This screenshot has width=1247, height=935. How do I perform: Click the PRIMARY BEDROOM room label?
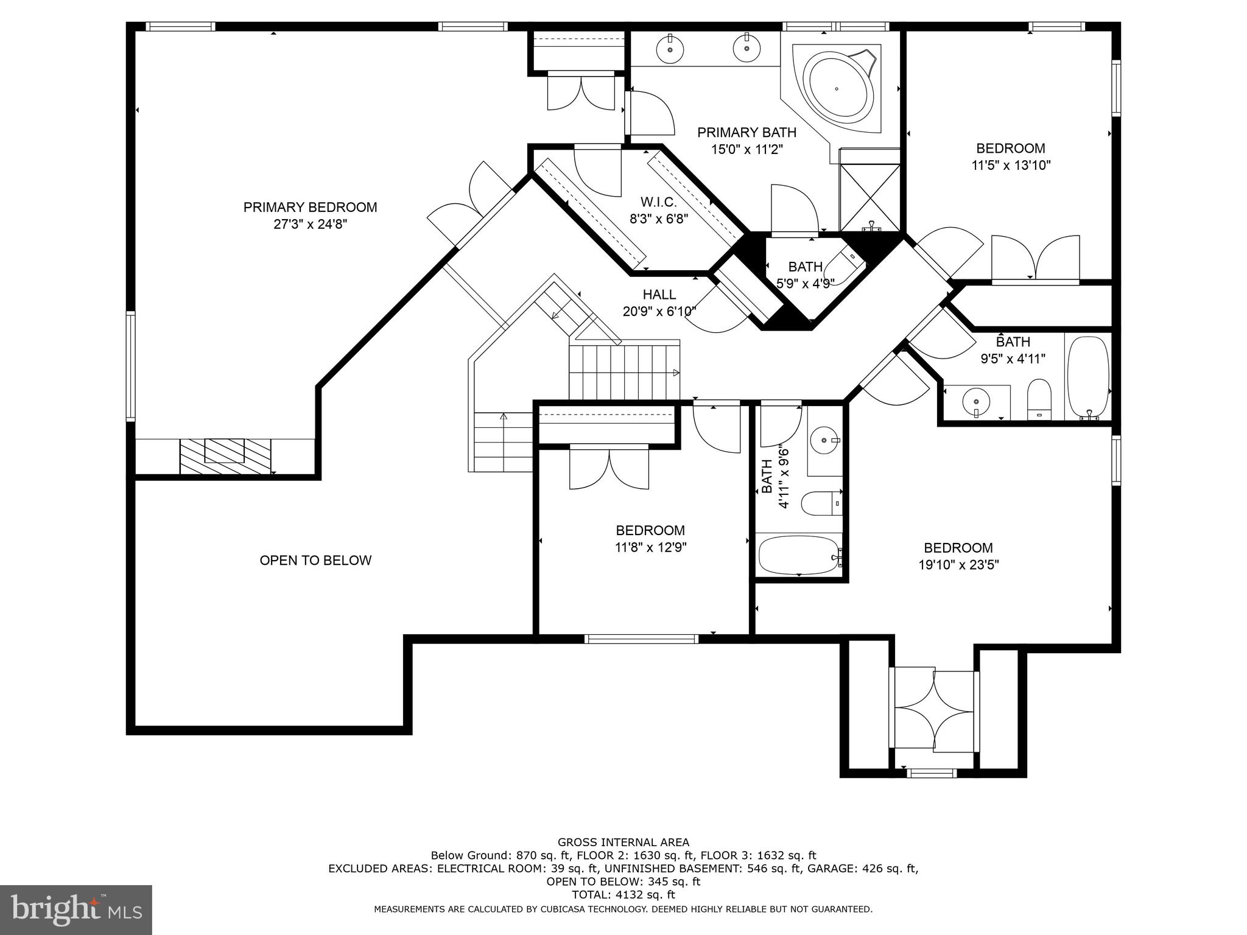click(x=310, y=207)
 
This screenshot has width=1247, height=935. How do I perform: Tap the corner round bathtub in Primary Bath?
click(x=837, y=89)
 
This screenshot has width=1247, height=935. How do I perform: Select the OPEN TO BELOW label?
click(x=315, y=561)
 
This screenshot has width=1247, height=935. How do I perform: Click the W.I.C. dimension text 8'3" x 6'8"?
click(x=658, y=219)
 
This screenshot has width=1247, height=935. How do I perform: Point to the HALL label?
click(x=659, y=295)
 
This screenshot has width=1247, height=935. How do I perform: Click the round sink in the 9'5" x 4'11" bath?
click(x=976, y=402)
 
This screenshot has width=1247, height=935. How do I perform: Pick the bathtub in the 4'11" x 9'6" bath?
click(x=799, y=555)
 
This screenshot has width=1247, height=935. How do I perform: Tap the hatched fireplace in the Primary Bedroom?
click(x=225, y=455)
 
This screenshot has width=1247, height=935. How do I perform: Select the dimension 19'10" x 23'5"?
click(x=958, y=565)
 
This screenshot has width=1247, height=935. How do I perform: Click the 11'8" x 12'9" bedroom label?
click(x=650, y=530)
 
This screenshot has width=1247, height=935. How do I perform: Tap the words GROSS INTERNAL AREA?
click(x=623, y=842)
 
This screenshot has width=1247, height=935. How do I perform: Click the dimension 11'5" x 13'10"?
click(x=1011, y=165)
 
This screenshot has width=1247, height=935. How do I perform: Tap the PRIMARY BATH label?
click(x=746, y=132)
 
